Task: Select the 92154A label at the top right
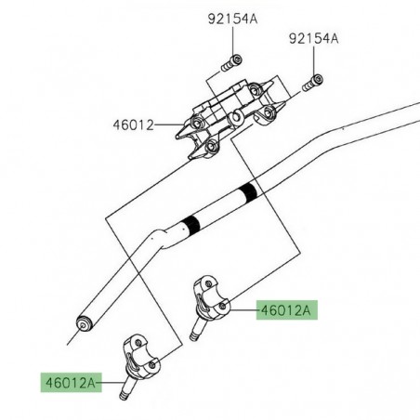314,39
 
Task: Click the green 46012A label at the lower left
69,381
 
